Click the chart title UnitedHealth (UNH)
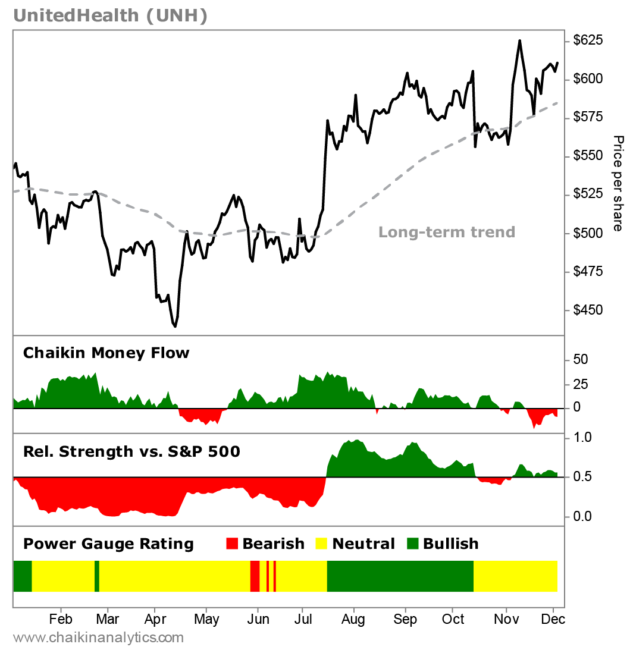click(110, 16)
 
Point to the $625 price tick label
click(588, 40)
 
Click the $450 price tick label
click(588, 310)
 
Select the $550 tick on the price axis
click(588, 156)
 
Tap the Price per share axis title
click(619, 184)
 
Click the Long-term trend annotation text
click(447, 232)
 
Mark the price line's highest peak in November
click(519, 40)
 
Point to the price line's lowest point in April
click(175, 326)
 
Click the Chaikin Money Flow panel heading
click(106, 353)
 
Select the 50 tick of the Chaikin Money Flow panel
click(581, 360)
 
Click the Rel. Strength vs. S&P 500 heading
click(131, 452)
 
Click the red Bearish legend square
click(233, 544)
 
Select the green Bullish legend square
click(412, 544)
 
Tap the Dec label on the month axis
click(553, 619)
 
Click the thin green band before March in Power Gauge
click(97, 576)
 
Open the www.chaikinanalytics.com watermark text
click(98, 638)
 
